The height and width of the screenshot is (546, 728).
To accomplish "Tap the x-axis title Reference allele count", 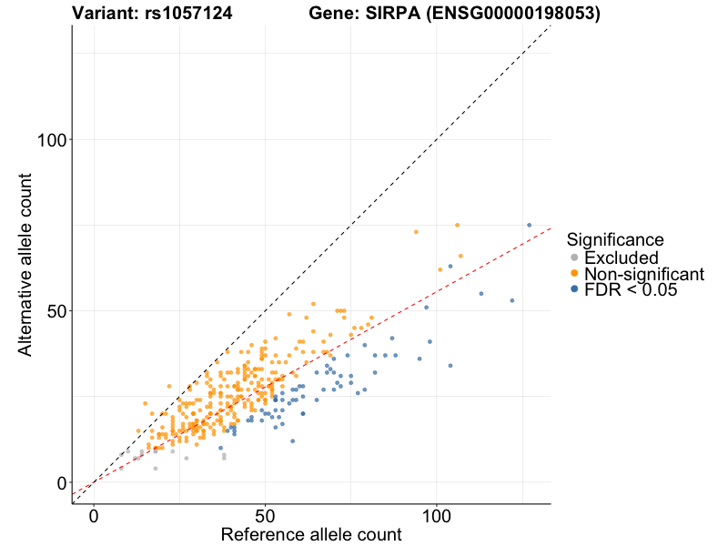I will coord(311,534).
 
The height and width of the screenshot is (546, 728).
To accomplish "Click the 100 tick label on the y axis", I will coord(54,139).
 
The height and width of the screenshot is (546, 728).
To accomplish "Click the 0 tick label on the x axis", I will coord(94,515).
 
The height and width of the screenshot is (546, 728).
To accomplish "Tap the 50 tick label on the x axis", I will coord(265,515).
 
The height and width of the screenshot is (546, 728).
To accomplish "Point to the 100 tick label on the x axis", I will coord(436,515).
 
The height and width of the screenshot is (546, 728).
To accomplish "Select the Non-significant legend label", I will coord(644,274).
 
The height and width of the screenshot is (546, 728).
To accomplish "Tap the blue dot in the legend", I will coord(574,289).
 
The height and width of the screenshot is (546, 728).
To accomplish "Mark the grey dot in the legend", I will coord(574,258).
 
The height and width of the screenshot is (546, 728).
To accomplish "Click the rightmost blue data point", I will coord(529,225).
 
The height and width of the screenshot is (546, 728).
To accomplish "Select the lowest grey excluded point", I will coord(156,469).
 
